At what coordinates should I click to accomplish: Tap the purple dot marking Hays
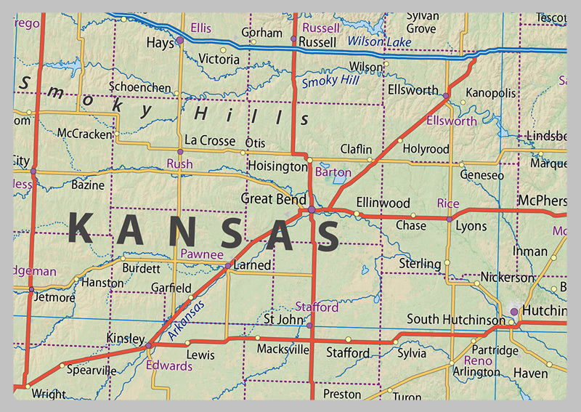pos(179,41)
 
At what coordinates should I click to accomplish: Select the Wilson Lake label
pos(379,42)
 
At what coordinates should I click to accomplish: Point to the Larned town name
pos(252,265)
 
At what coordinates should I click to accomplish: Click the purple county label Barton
pos(334,173)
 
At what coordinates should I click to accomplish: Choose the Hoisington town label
pos(277,166)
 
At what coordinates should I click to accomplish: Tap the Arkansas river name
pos(187,320)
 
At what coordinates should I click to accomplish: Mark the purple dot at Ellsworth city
pos(445,96)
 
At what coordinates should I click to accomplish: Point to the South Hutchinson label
pos(455,319)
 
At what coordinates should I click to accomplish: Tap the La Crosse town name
pos(210,140)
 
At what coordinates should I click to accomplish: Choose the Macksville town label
pos(282,350)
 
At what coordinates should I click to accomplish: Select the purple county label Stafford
pos(317,307)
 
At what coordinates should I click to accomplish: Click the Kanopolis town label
pos(490,93)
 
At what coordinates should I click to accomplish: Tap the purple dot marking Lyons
pos(450,219)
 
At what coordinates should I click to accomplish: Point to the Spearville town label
pos(91,370)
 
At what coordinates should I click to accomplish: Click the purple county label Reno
pos(478,360)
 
